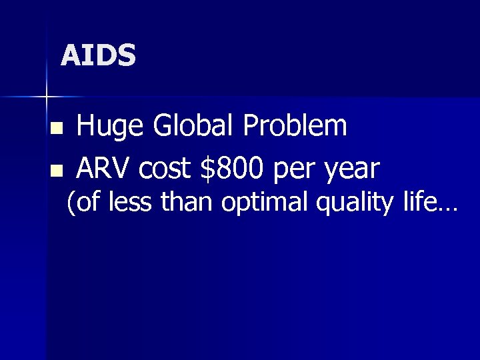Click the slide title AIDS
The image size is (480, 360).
click(x=98, y=55)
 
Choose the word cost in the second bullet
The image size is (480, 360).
click(x=169, y=169)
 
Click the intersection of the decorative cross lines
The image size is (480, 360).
click(x=47, y=97)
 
